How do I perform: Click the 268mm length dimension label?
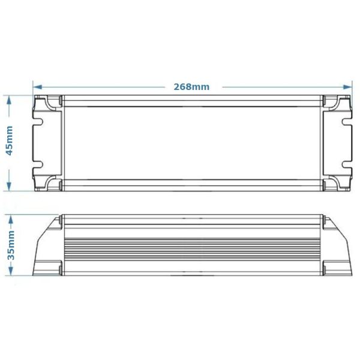(x=191, y=86)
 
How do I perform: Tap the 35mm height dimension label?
(x=10, y=246)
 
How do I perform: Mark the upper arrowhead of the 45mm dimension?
(x=10, y=99)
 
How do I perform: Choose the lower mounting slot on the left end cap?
(x=38, y=163)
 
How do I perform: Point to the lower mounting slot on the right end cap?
(x=347, y=163)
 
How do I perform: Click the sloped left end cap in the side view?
(x=47, y=249)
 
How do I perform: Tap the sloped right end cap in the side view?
(x=337, y=249)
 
